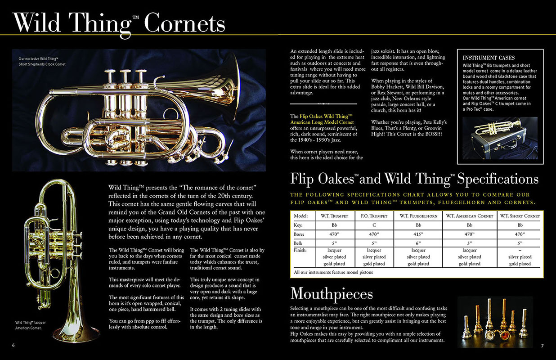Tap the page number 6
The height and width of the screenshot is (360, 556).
coord(13,345)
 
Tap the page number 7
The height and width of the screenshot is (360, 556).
coord(543,346)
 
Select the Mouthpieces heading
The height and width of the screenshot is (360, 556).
coord(332,293)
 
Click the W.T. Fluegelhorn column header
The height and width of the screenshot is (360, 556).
coord(418,216)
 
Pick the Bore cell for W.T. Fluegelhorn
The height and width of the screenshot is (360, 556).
coord(418,234)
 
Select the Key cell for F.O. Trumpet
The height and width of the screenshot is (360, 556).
coord(374,225)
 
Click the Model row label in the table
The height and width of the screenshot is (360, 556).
coord(301,216)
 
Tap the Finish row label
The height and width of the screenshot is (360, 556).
coord(300,250)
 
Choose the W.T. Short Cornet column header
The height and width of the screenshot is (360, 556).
coord(520,216)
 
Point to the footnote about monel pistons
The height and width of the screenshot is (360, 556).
coord(327,272)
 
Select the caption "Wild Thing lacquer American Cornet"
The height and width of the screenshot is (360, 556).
coord(31,325)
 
